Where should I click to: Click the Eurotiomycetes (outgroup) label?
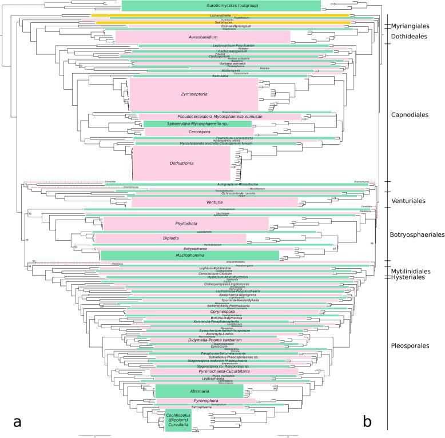pyautogui.click(x=221, y=6)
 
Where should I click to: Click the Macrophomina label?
pyautogui.click(x=189, y=256)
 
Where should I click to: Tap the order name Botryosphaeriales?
pyautogui.click(x=417, y=234)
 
